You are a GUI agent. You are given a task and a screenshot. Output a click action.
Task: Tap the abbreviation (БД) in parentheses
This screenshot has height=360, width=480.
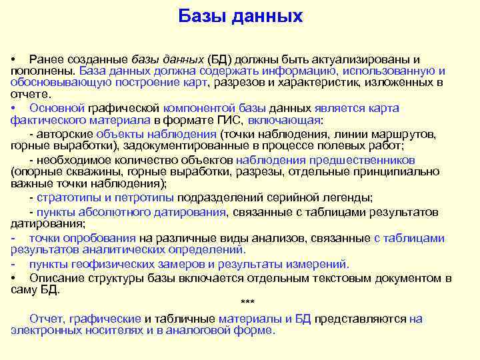pyautogui.click(x=218, y=60)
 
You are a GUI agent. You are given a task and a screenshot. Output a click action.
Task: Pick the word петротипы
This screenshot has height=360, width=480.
pyautogui.click(x=145, y=198)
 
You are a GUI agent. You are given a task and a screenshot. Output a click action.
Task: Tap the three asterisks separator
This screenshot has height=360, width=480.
pyautogui.click(x=247, y=303)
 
